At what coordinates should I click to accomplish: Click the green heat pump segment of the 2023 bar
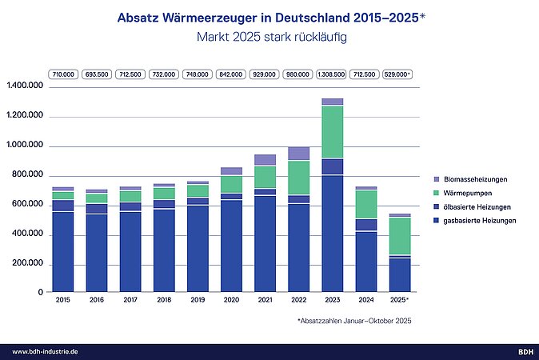[332, 132]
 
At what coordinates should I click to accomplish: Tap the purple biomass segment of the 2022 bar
[298, 154]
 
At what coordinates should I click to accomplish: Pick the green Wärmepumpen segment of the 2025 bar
[400, 236]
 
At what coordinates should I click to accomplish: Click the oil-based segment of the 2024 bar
[366, 225]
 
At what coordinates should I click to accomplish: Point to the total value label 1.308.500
[331, 74]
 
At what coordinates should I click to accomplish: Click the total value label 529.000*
[398, 74]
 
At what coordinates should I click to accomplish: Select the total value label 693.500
[96, 74]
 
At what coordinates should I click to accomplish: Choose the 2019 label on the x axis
[198, 300]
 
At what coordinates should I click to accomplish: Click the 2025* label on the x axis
[400, 300]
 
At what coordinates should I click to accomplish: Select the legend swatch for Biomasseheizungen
[434, 180]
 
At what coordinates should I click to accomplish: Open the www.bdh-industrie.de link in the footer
[45, 351]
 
